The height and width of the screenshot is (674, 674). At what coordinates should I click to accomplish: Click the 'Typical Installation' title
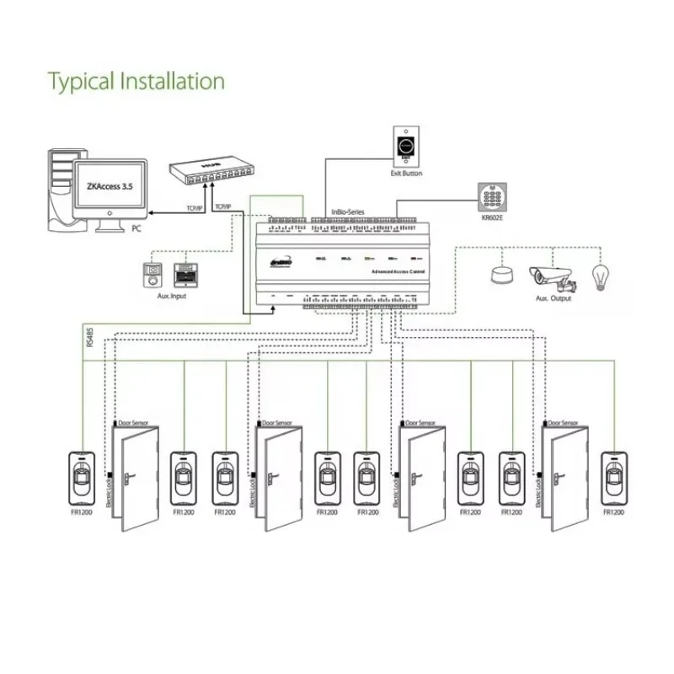point(136,82)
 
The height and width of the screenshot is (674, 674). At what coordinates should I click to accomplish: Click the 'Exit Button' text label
point(406,174)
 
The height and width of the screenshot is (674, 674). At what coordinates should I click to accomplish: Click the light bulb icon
point(601,277)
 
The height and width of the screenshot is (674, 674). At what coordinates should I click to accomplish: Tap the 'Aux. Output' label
point(554,298)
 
